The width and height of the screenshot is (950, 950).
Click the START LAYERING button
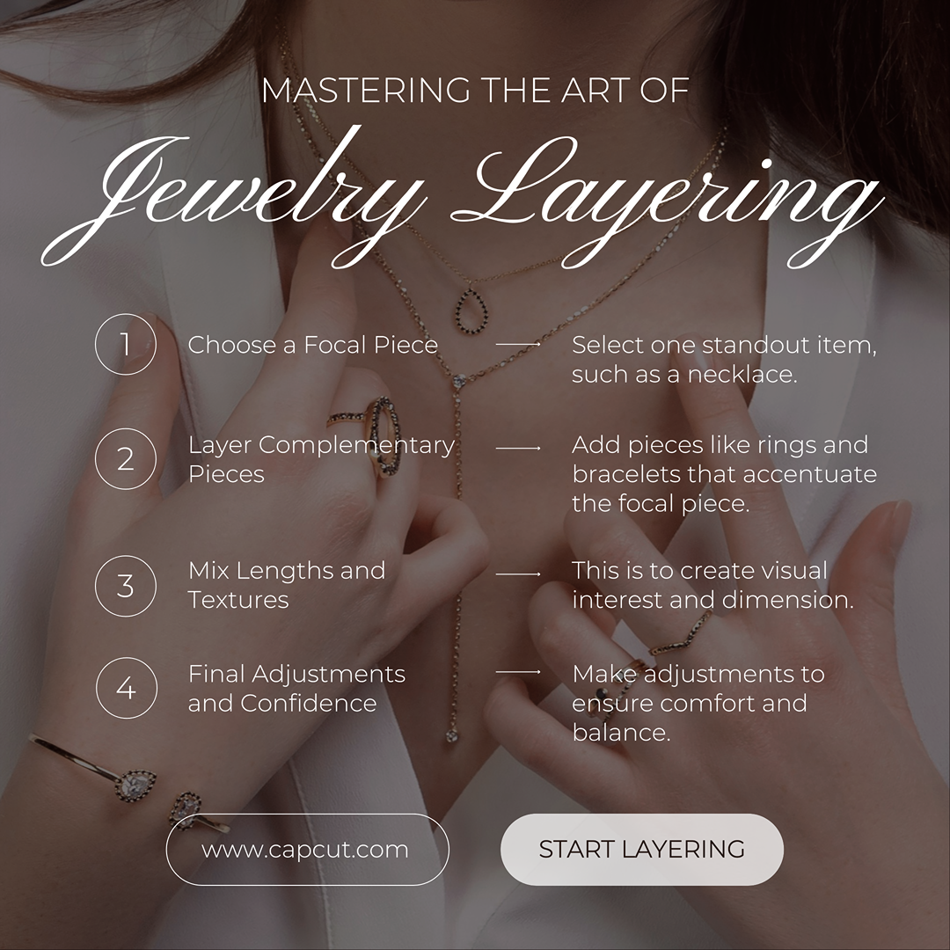pos(641,849)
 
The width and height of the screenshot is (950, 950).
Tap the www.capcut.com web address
pos(304,850)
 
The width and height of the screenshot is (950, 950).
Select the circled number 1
pos(126,344)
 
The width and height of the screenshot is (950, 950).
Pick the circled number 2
pos(126,458)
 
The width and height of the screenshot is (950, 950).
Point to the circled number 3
pos(126,586)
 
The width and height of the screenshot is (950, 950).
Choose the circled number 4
pos(126,688)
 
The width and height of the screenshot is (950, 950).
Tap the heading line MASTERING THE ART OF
pos(476,91)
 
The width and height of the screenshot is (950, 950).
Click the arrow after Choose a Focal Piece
pos(518,344)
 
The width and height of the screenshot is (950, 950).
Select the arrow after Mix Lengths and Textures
pos(518,574)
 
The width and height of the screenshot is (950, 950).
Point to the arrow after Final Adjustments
pos(518,671)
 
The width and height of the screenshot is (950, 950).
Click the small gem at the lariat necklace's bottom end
pos(452,735)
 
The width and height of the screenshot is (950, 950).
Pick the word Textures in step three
pos(238,600)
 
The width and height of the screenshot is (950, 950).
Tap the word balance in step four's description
pos(622,733)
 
